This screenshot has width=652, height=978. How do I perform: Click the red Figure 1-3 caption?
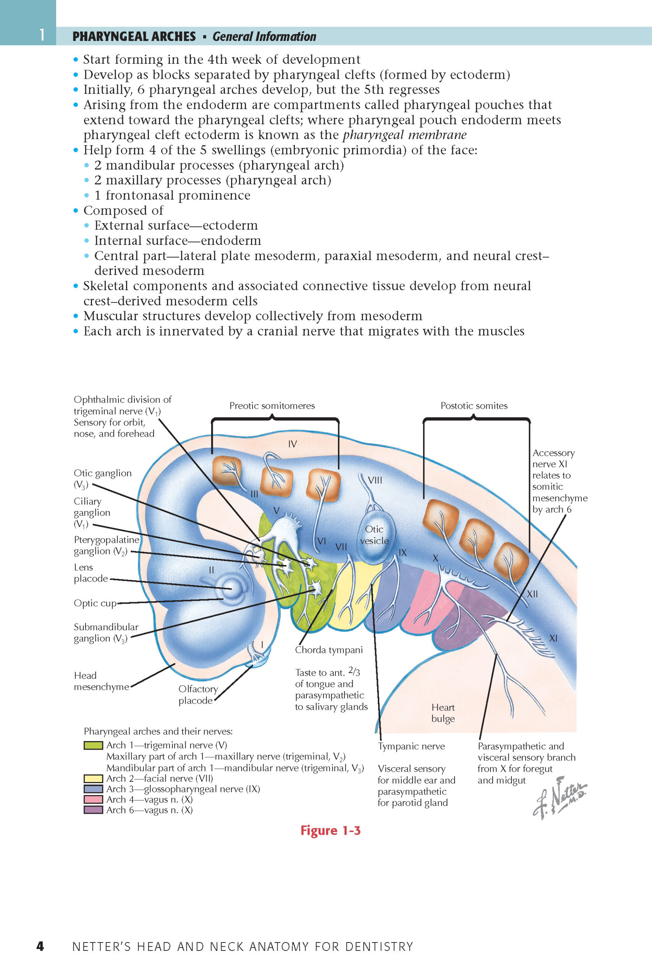[330, 831]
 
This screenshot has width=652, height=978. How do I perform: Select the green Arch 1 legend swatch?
[93, 745]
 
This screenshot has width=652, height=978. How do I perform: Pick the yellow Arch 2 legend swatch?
[93, 779]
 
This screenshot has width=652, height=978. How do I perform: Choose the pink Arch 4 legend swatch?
[93, 799]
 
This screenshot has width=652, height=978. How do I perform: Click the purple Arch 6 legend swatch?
[93, 810]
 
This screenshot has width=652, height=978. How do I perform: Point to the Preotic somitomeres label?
[272, 405]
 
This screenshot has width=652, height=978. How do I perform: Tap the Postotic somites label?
[474, 405]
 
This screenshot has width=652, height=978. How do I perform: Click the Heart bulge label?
[443, 713]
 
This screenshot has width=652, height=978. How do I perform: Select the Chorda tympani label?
[328, 650]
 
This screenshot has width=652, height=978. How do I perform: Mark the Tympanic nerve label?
[411, 746]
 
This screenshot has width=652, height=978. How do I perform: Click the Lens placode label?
[91, 573]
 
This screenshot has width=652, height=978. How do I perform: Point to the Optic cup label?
[95, 603]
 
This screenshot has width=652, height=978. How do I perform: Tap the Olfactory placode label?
[198, 695]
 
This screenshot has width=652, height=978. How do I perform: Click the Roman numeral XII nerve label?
[532, 594]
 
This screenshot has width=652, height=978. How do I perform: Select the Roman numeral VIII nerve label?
[375, 480]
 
